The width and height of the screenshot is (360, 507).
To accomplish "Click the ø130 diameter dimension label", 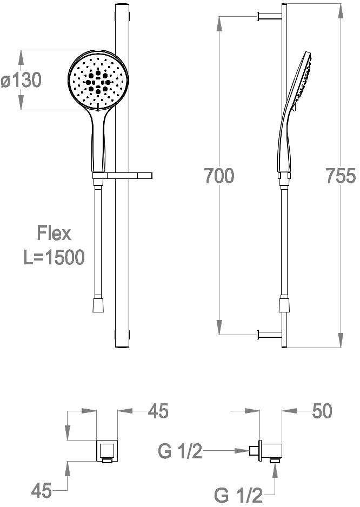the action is [x=21, y=80].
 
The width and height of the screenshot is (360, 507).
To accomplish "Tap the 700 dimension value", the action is [x=219, y=176].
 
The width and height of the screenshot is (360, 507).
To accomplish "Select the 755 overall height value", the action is [x=341, y=176].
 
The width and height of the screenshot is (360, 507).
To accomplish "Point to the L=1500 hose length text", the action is [x=54, y=257].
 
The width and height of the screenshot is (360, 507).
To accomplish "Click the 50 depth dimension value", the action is [x=322, y=411].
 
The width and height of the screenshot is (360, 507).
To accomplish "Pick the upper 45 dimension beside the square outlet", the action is [x=158, y=411].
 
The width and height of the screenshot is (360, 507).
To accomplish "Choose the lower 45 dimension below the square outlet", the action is [x=42, y=490].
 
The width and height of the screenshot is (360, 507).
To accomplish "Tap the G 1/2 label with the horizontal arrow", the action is [x=180, y=451].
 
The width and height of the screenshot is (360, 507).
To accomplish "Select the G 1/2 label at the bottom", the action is [x=238, y=495].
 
